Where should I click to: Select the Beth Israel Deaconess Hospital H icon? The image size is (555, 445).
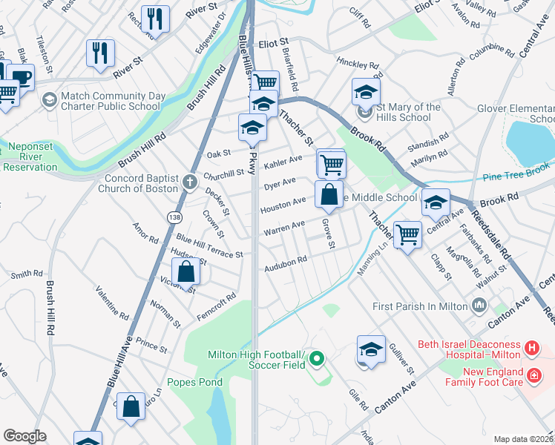pyautogui.click(x=531, y=347)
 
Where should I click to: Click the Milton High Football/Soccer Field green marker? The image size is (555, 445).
pyautogui.click(x=318, y=360)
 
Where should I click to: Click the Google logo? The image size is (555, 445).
pyautogui.click(x=24, y=436)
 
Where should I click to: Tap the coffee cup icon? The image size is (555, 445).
pyautogui.click(x=21, y=76)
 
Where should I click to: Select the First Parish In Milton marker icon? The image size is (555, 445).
pyautogui.click(x=479, y=305)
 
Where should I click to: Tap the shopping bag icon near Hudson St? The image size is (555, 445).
pyautogui.click(x=188, y=271)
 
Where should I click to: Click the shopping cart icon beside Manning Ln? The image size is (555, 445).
pyautogui.click(x=407, y=234)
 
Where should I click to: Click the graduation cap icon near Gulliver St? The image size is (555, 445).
pyautogui.click(x=371, y=349)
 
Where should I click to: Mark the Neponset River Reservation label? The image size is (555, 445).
pyautogui.click(x=30, y=162)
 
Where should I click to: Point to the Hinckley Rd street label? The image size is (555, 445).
pyautogui.click(x=358, y=64)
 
